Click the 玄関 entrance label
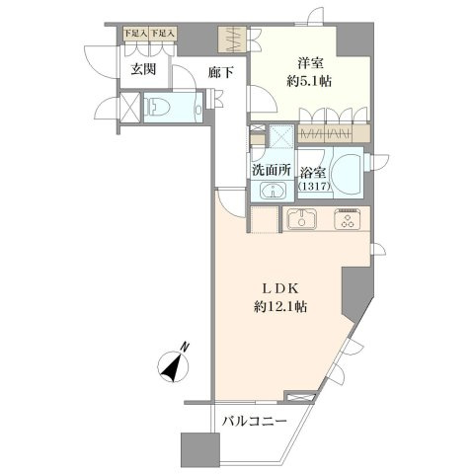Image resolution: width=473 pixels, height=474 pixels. pyautogui.click(x=143, y=69)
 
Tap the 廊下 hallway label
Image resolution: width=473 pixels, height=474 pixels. pyautogui.click(x=221, y=72)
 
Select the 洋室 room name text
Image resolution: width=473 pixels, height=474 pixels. pyautogui.click(x=310, y=63)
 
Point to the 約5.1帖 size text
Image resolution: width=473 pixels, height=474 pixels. pyautogui.click(x=309, y=81)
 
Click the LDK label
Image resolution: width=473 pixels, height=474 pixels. pyautogui.click(x=280, y=288)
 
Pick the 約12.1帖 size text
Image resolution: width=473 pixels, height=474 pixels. pyautogui.click(x=280, y=307)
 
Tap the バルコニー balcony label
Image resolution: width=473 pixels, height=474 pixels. pyautogui.click(x=254, y=421)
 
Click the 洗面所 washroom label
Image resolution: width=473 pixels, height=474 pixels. pyautogui.click(x=272, y=170)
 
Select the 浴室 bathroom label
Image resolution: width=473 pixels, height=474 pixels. pyautogui.click(x=313, y=173)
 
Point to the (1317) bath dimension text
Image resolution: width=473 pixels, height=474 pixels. pyautogui.click(x=314, y=187)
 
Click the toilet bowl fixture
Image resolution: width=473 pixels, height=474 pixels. pyautogui.click(x=158, y=107)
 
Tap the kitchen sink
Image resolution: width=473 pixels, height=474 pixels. pyautogui.click(x=302, y=219)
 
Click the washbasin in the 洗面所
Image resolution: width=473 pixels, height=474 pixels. pyautogui.click(x=273, y=191)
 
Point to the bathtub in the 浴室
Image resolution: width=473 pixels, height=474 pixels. pyautogui.click(x=348, y=173)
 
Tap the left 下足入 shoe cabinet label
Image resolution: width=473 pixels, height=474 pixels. pyautogui.click(x=135, y=34)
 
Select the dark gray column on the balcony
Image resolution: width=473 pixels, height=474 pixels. pyautogui.click(x=200, y=449)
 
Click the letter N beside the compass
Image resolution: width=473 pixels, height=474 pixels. pyautogui.click(x=186, y=347)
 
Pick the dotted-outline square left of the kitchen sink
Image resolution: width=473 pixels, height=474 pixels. pyautogui.click(x=265, y=219)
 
